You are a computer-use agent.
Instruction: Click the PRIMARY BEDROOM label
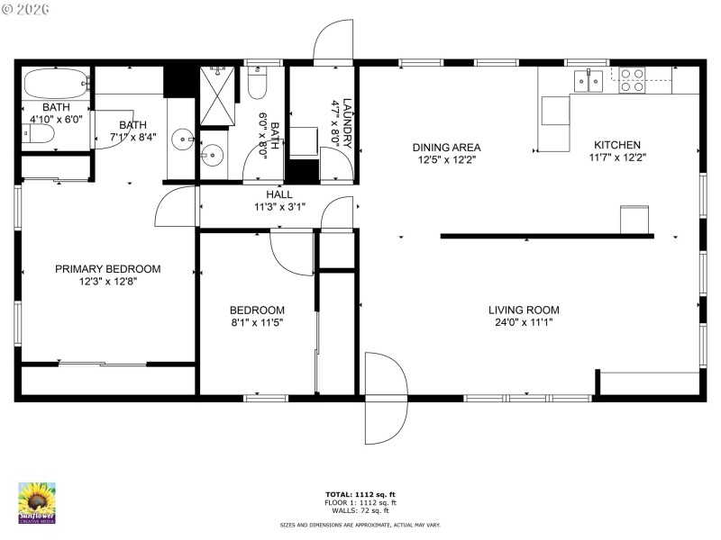tap(107, 269)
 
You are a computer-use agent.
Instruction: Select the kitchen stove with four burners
tap(631, 81)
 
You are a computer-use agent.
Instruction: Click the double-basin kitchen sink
tap(589, 81)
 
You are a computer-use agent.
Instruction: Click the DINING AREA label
tap(446, 148)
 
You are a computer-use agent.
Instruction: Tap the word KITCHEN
tap(616, 145)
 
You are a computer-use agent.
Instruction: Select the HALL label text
tap(278, 194)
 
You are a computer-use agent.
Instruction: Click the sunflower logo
tap(37, 502)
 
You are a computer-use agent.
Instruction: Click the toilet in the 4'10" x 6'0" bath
tap(38, 135)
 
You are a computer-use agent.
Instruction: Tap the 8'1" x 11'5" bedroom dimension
tap(257, 322)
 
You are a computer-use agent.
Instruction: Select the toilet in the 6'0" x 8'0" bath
tap(257, 85)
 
